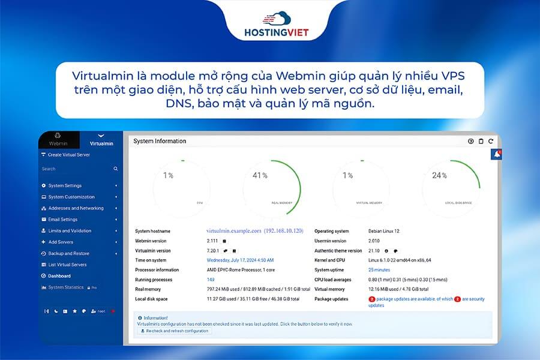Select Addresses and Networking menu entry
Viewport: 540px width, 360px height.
(x=76, y=208)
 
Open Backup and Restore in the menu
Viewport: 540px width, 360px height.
(x=68, y=253)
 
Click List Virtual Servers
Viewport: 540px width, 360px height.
(x=67, y=265)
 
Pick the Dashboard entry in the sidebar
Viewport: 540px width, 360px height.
(x=59, y=276)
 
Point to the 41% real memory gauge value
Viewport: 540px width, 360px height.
(x=260, y=176)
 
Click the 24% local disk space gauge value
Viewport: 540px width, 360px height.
(x=440, y=176)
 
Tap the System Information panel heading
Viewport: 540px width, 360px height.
(x=160, y=141)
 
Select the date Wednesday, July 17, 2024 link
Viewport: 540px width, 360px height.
(x=240, y=260)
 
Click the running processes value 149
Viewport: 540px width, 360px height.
(x=211, y=280)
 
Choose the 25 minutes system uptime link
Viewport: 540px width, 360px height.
(x=379, y=270)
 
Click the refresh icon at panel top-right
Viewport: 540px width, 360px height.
(x=490, y=142)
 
